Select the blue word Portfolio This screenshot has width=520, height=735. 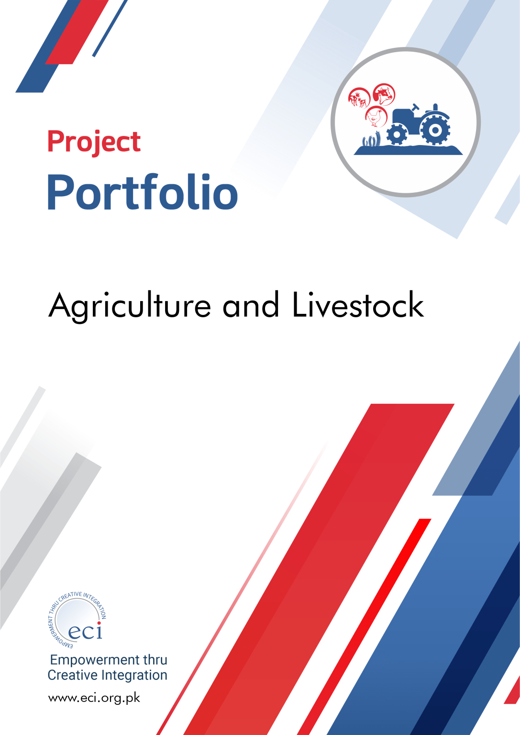pyautogui.click(x=143, y=192)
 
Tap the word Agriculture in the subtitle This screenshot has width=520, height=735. pyautogui.click(x=130, y=306)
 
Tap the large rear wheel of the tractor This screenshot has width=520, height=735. pyautogui.click(x=435, y=130)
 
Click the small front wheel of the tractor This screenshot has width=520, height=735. pyautogui.click(x=397, y=134)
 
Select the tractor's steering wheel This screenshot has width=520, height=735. pyautogui.click(x=416, y=107)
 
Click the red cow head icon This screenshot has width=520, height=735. pyautogui.click(x=384, y=94)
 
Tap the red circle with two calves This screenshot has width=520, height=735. pyautogui.click(x=359, y=98)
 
